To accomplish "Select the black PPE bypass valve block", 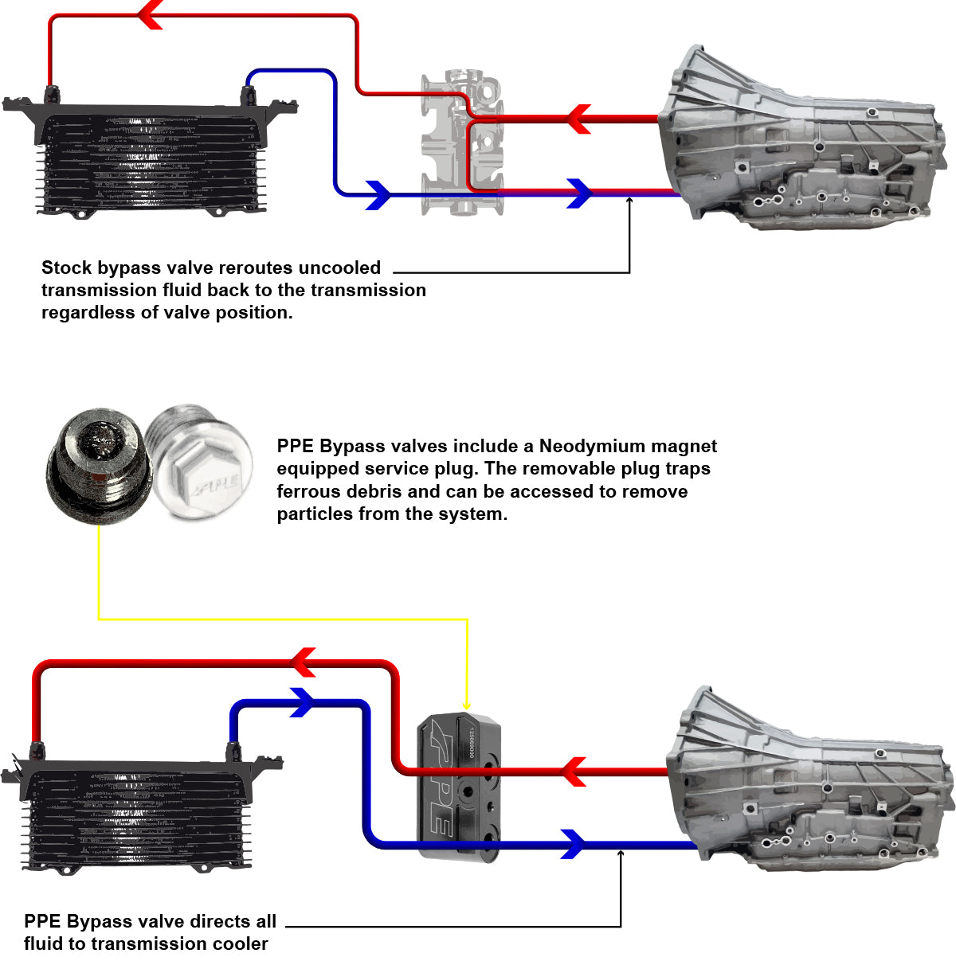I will click(459, 785).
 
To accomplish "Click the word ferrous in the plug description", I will click(312, 491).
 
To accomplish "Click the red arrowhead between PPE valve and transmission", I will click(574, 771).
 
